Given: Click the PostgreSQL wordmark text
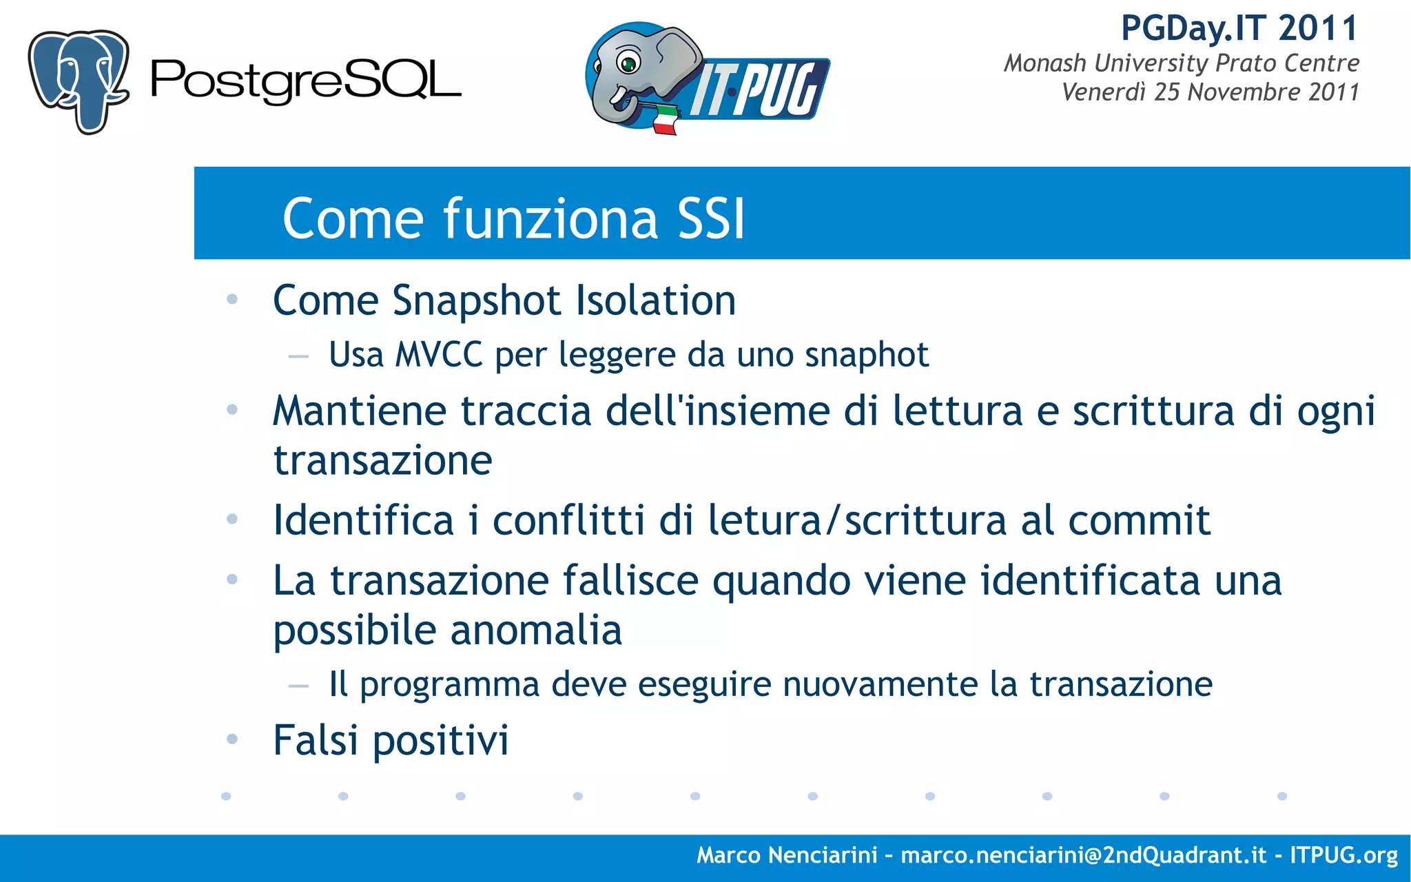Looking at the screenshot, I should pos(305,81).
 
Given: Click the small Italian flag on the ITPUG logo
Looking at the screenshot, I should pos(664,120).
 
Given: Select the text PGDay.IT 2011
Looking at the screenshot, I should pos(1239,29).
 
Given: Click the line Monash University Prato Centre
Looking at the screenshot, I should pos(1181,63).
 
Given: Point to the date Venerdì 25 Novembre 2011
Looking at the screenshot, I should pos(1210,92).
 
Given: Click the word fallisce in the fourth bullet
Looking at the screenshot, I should pos(630,580).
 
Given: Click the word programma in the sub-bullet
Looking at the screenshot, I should pos(449,684).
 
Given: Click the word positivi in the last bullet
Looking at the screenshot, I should pos(440,741).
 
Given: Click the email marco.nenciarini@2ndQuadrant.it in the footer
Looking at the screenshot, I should pos(1083,855).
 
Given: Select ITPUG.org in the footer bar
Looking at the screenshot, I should pos(1343,855).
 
